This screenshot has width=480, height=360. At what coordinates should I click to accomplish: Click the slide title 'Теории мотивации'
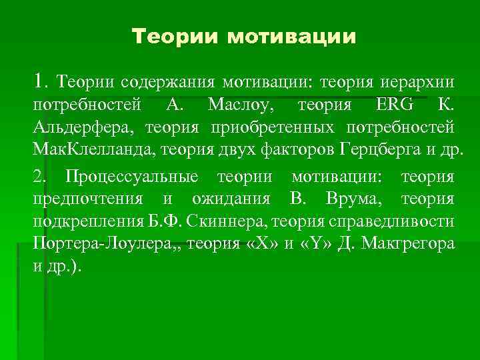tap(244, 36)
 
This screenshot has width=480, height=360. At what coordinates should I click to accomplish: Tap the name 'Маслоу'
tap(236, 105)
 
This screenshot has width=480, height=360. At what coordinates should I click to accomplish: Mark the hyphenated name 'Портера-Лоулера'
tap(97, 243)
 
